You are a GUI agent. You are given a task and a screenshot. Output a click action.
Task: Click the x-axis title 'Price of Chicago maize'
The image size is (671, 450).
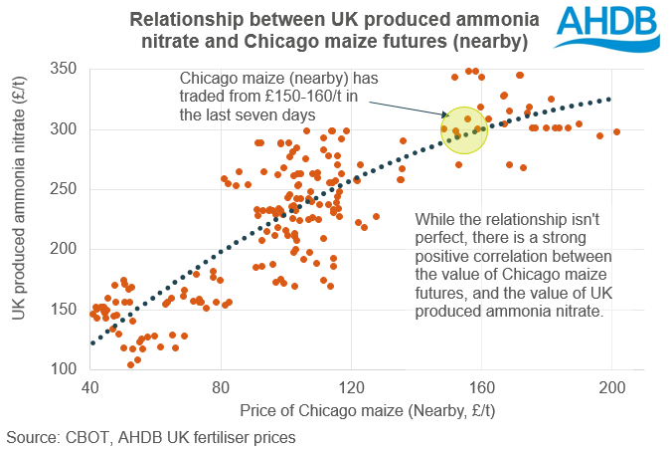(367, 410)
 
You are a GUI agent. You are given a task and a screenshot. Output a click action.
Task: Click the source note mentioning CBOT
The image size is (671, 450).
(151, 436)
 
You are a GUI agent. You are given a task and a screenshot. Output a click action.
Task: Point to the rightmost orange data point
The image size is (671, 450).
(616, 131)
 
